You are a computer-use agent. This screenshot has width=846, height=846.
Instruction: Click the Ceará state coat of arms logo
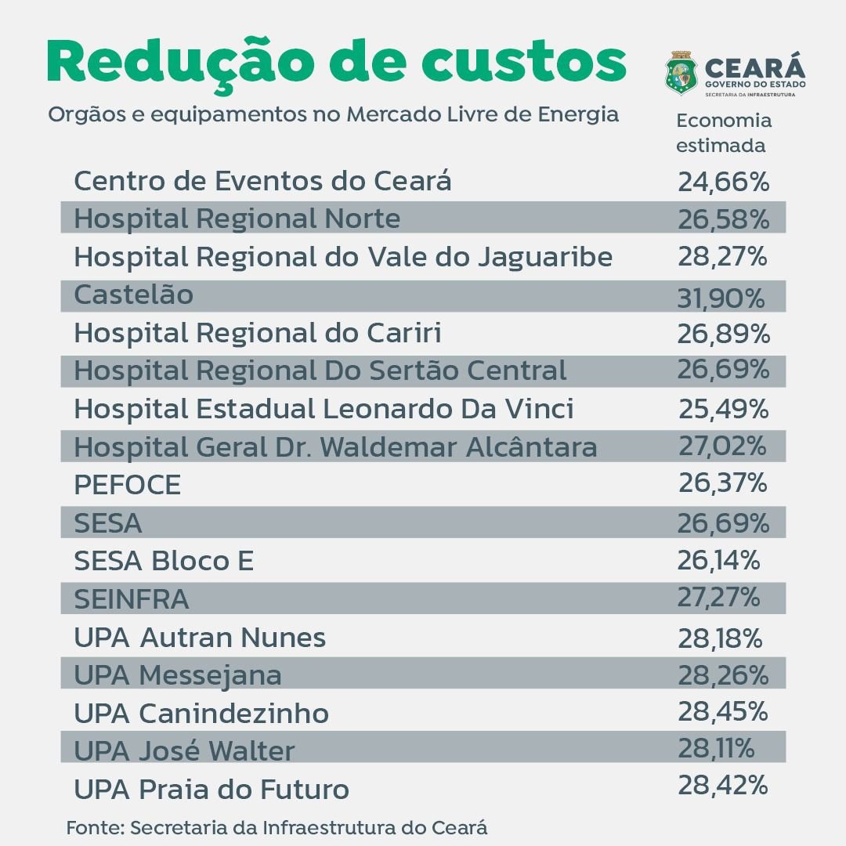click(681, 73)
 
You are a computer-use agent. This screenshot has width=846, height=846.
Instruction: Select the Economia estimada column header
click(723, 133)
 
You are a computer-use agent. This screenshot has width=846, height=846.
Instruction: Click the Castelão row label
click(133, 295)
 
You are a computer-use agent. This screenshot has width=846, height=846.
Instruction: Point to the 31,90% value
click(721, 298)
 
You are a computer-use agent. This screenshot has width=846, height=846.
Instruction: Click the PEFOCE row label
click(127, 485)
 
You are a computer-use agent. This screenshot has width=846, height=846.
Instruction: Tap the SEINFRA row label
click(131, 600)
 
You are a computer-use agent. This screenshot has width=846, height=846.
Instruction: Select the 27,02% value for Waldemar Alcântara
click(721, 446)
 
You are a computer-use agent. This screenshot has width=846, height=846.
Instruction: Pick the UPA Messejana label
click(177, 675)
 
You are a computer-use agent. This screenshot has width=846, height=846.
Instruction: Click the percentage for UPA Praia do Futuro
click(722, 785)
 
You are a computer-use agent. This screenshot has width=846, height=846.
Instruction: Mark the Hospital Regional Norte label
click(237, 219)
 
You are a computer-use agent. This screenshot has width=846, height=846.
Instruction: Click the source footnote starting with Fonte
click(277, 827)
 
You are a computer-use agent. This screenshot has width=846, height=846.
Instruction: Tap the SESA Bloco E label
click(164, 561)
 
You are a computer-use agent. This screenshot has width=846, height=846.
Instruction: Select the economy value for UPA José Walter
click(716, 749)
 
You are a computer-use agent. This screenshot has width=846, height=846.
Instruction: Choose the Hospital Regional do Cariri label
click(257, 333)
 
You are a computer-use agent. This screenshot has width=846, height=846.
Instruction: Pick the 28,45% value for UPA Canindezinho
click(722, 711)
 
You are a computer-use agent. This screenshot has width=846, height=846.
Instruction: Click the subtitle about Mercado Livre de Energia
click(333, 115)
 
